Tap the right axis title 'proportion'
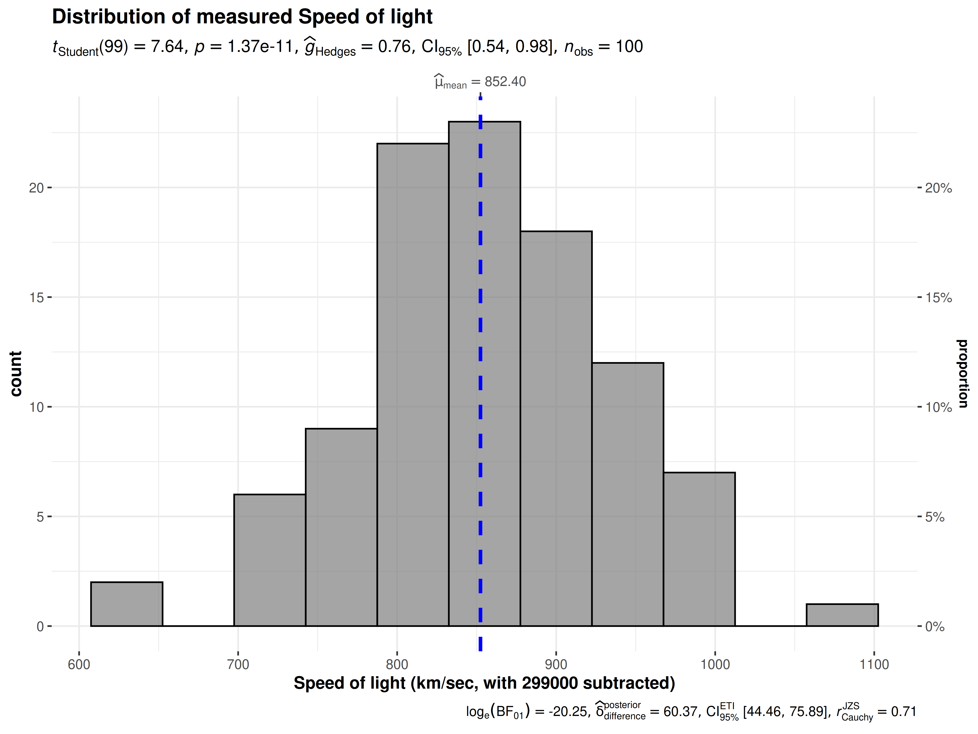(x=963, y=374)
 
